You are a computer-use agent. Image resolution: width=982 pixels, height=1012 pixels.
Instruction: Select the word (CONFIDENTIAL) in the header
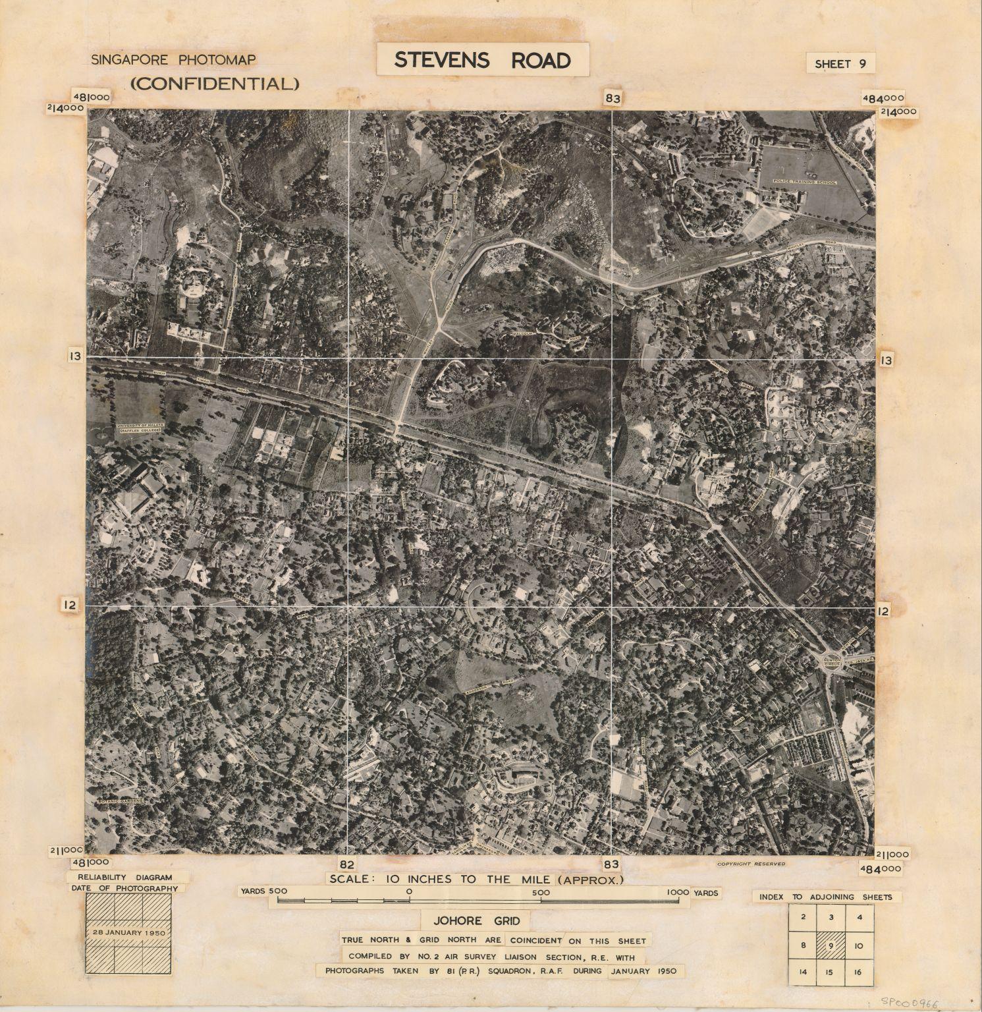215,84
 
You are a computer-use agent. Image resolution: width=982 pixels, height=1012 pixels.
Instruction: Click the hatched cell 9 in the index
832,944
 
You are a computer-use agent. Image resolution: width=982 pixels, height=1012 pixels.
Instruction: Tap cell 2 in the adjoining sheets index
803,916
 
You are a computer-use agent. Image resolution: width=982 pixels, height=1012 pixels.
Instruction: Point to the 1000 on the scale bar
677,892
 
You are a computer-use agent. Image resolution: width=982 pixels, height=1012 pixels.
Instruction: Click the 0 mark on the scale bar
410,891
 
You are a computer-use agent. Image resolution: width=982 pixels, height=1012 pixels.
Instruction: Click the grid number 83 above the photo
613,99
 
